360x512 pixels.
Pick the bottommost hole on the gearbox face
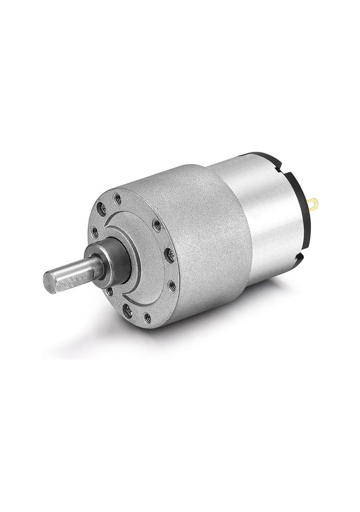(x=147, y=318)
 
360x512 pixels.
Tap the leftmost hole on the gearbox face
(x=94, y=232)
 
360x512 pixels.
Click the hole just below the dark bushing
(x=110, y=292)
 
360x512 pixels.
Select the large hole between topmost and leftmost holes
(x=102, y=209)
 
